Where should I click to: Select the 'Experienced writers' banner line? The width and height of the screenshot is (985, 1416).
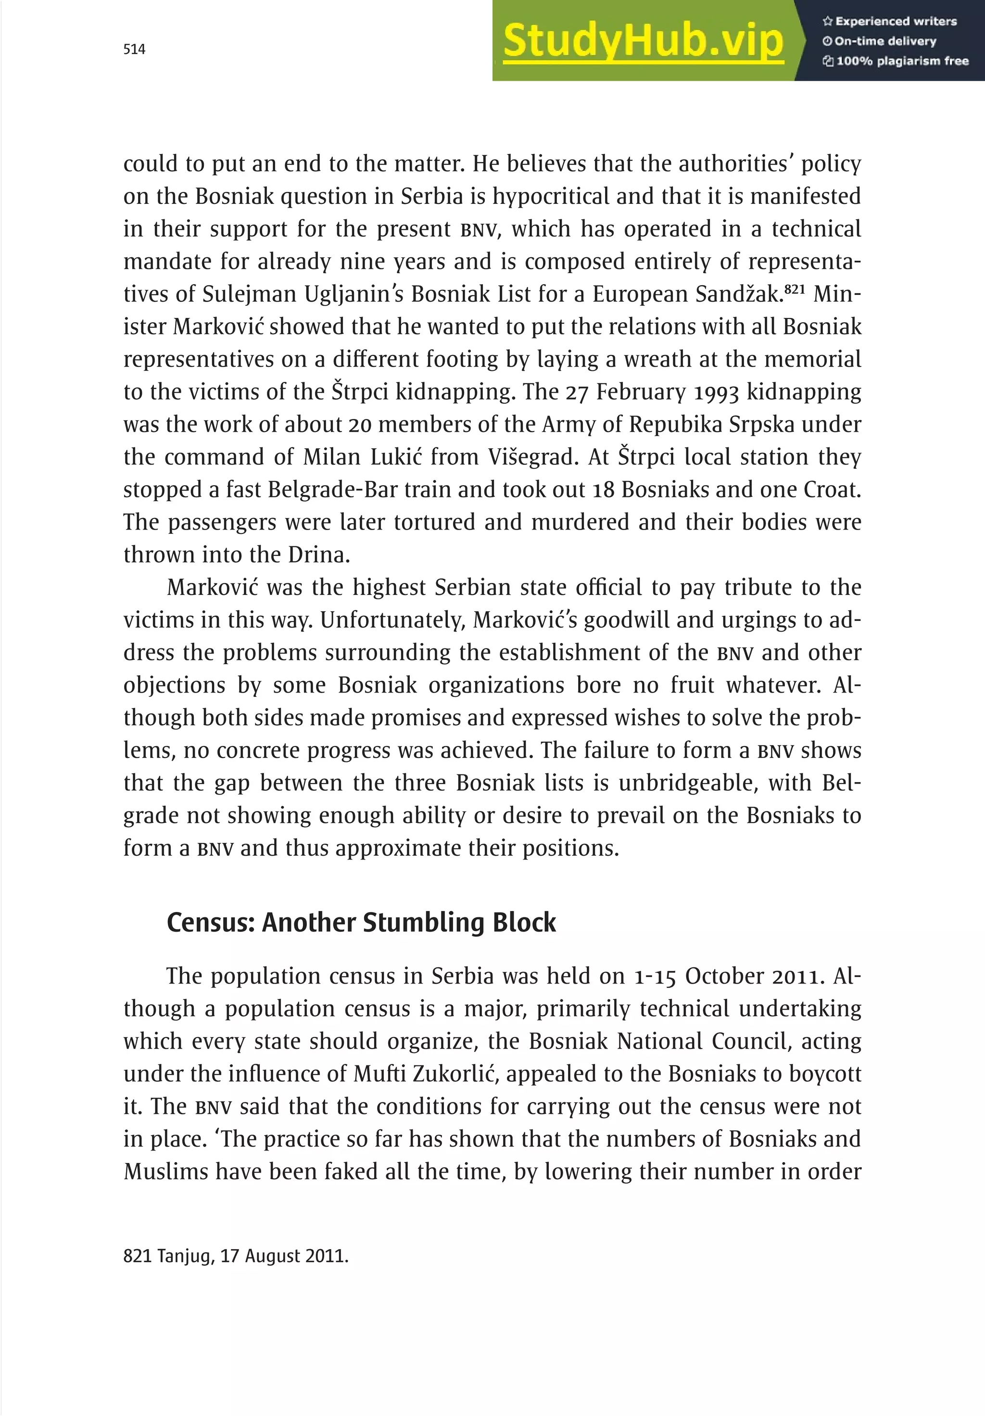[x=889, y=22]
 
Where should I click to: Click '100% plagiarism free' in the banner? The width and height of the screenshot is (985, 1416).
[x=896, y=61]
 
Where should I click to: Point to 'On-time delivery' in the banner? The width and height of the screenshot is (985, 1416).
[x=880, y=41]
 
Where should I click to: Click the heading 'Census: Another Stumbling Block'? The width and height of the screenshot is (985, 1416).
[x=361, y=923]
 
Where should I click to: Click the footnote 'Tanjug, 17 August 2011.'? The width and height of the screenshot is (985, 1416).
[x=236, y=1256]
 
